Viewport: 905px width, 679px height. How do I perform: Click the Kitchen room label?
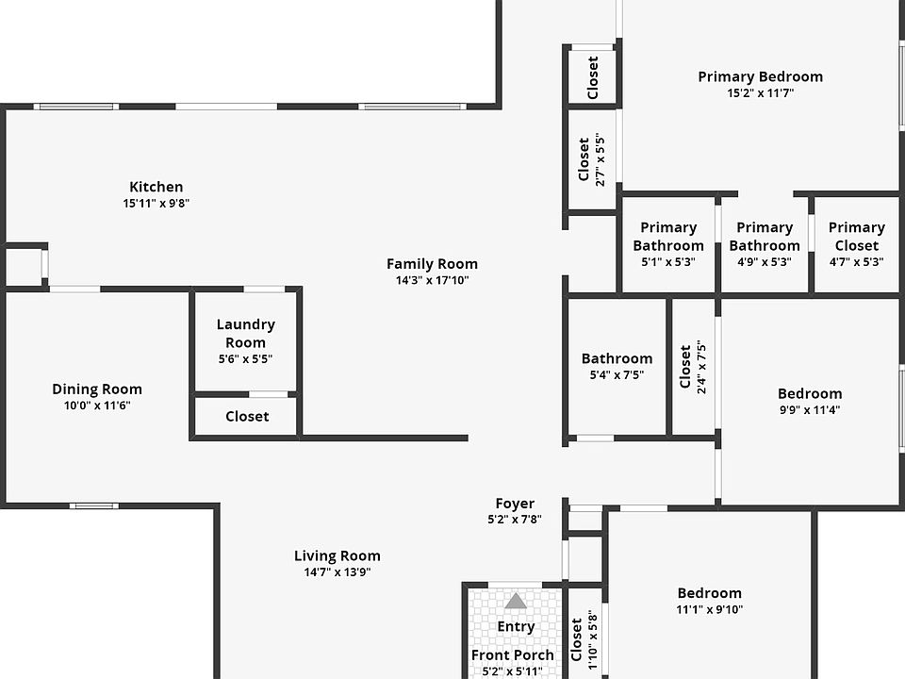click(x=156, y=187)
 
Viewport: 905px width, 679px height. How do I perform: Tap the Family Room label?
click(x=432, y=264)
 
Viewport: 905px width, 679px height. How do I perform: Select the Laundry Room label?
click(x=246, y=333)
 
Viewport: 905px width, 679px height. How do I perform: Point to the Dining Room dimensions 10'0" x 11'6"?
click(x=97, y=406)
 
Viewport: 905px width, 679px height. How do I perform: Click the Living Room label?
click(x=337, y=555)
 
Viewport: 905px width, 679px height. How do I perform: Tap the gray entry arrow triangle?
click(x=516, y=601)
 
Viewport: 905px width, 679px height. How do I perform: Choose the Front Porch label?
click(x=513, y=654)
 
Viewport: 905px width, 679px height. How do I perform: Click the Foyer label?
click(x=515, y=504)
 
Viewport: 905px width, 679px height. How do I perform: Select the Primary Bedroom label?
click(x=760, y=76)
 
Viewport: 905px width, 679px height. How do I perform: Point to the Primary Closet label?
click(x=856, y=236)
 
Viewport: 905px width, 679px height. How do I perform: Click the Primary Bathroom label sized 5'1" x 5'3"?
click(x=668, y=236)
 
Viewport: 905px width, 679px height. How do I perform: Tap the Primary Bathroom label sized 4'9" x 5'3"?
click(x=764, y=236)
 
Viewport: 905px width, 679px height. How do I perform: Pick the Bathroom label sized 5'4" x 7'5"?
click(x=617, y=358)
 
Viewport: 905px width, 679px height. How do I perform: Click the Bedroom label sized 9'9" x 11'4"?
click(x=810, y=393)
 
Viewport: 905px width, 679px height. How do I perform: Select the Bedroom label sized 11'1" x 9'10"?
click(x=710, y=593)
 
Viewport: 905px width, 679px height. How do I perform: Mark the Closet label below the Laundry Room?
click(x=247, y=416)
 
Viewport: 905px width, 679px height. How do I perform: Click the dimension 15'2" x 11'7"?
click(x=760, y=93)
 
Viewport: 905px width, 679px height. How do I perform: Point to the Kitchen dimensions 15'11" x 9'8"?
click(x=156, y=203)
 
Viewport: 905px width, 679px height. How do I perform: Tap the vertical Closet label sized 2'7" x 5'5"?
click(x=584, y=159)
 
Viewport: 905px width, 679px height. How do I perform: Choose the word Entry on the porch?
click(x=516, y=626)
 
